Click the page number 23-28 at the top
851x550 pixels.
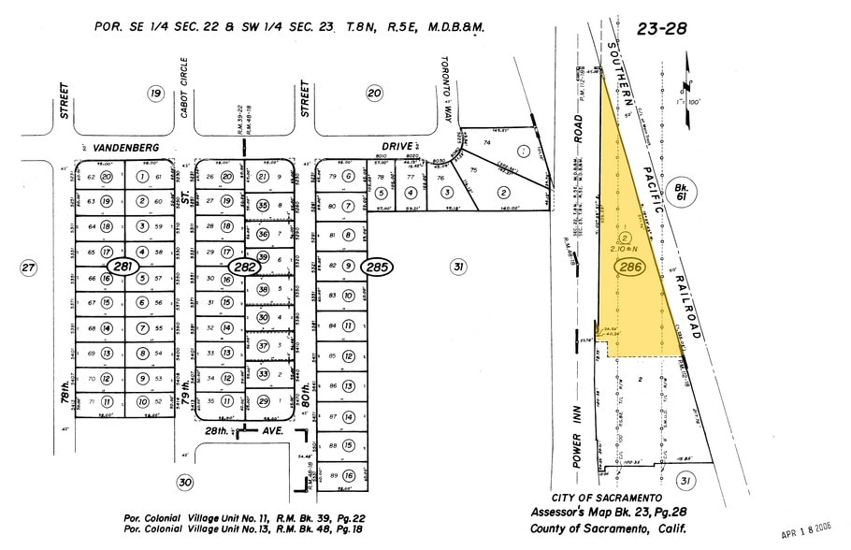(x=661, y=29)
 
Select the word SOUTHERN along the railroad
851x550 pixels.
(x=622, y=71)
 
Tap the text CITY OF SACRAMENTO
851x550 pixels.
(x=607, y=499)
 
